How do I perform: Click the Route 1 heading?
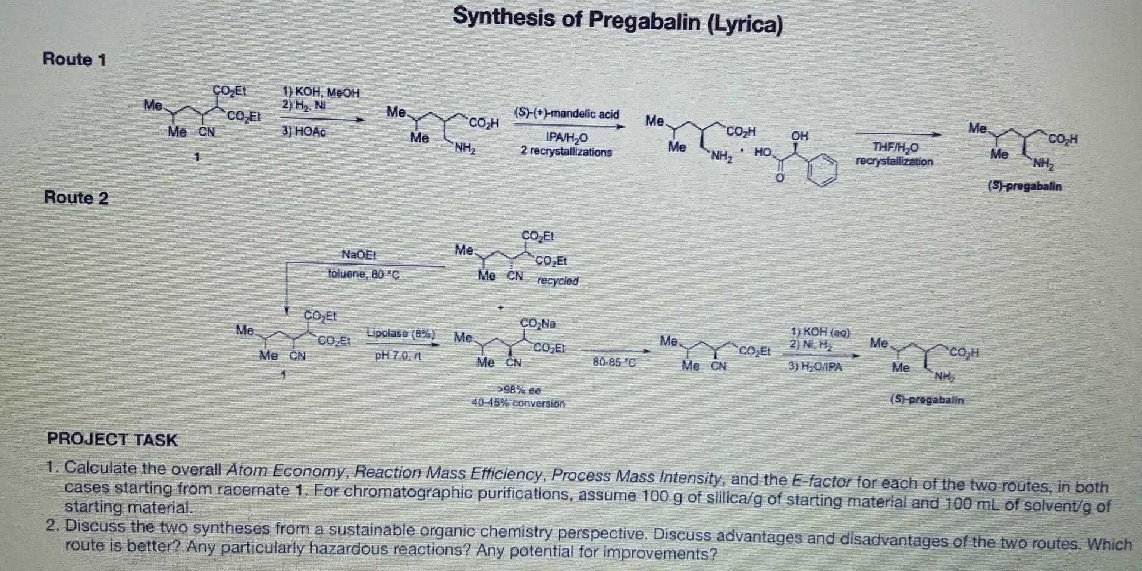pyautogui.click(x=74, y=59)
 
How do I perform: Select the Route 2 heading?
pyautogui.click(x=76, y=197)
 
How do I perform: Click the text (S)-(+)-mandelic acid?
pyautogui.click(x=566, y=114)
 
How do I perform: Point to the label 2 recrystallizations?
pyautogui.click(x=566, y=152)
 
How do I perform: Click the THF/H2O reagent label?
pyautogui.click(x=895, y=147)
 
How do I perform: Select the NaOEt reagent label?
pyautogui.click(x=359, y=255)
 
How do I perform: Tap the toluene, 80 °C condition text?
pyautogui.click(x=363, y=274)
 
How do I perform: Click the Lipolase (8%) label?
pyautogui.click(x=400, y=334)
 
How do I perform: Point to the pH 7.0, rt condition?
pyautogui.click(x=398, y=356)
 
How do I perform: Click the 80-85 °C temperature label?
pyautogui.click(x=614, y=362)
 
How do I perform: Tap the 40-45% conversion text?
pyautogui.click(x=518, y=403)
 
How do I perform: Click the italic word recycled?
pyautogui.click(x=557, y=281)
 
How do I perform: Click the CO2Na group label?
pyautogui.click(x=538, y=324)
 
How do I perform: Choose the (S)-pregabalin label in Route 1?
pyautogui.click(x=1024, y=186)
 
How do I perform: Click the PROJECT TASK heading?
pyautogui.click(x=112, y=440)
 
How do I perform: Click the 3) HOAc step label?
pyautogui.click(x=303, y=131)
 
